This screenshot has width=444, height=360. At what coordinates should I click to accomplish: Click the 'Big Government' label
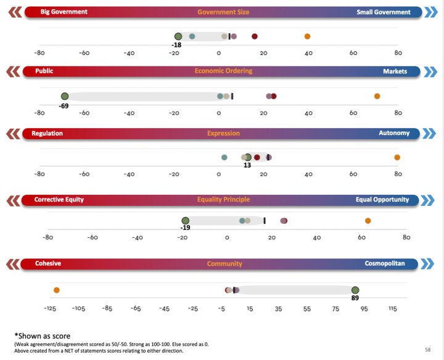pyautogui.click(x=64, y=12)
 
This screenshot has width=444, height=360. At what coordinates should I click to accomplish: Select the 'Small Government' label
pyautogui.click(x=383, y=12)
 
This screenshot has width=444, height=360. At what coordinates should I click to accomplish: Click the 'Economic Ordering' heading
pyautogui.click(x=223, y=71)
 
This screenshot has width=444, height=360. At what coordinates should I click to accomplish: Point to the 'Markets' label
pyautogui.click(x=395, y=71)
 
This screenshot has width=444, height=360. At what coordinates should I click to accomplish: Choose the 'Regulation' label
pyautogui.click(x=47, y=133)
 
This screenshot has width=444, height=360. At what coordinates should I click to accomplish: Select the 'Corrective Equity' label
pyautogui.click(x=59, y=200)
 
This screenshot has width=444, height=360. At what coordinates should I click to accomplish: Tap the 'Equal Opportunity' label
pyautogui.click(x=382, y=200)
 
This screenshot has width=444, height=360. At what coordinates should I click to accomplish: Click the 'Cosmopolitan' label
pyautogui.click(x=385, y=264)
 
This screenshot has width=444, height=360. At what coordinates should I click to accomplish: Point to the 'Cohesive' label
pyautogui.click(x=47, y=264)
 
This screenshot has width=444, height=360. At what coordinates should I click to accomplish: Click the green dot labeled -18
pyautogui.click(x=178, y=37)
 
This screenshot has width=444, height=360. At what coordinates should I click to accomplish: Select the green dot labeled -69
pyautogui.click(x=65, y=96)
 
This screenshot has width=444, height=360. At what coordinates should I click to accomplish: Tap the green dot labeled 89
pyautogui.click(x=355, y=290)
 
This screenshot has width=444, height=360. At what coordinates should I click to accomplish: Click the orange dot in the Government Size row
pyautogui.click(x=308, y=37)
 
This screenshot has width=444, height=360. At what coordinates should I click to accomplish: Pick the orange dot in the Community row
pyautogui.click(x=57, y=290)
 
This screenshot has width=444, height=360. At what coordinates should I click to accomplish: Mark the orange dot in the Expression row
pyautogui.click(x=397, y=157)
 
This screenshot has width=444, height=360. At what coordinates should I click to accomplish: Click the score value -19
pyautogui.click(x=184, y=228)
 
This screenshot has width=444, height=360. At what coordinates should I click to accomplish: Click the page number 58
pyautogui.click(x=427, y=350)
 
